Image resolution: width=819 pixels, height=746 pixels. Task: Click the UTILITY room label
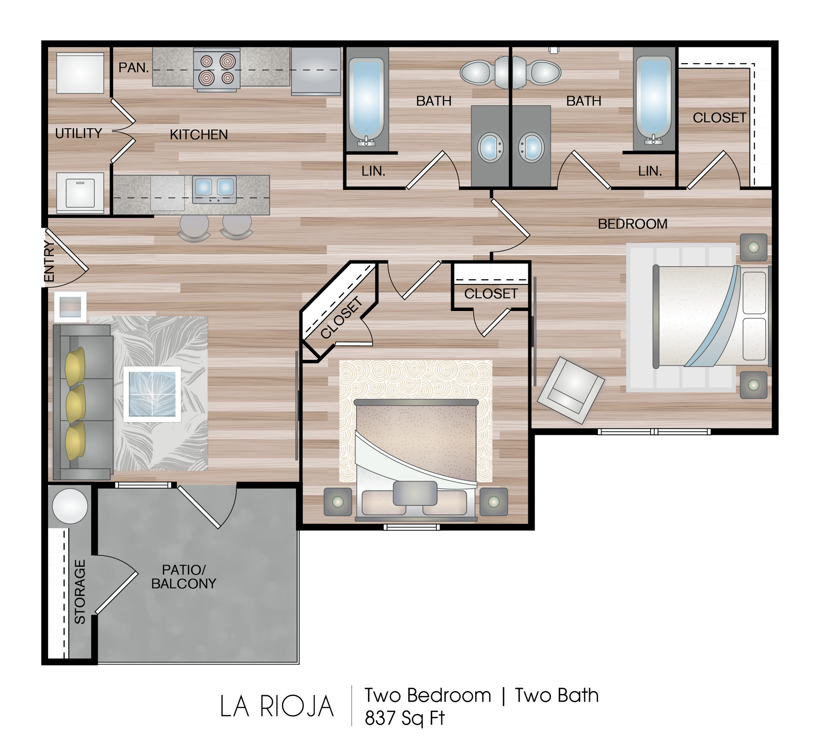(x=78, y=134)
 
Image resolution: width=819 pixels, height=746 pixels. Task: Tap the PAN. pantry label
(x=134, y=67)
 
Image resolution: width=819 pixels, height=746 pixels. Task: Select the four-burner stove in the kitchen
(x=217, y=70)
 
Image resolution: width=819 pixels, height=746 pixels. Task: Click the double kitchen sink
(x=214, y=189)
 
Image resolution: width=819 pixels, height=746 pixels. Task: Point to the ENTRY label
(x=49, y=261)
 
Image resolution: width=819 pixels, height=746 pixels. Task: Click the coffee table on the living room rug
(x=152, y=394)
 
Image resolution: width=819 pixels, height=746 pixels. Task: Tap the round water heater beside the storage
(x=70, y=506)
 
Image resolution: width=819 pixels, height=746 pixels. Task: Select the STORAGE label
(x=80, y=592)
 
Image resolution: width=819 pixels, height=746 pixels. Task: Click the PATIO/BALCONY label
(x=184, y=577)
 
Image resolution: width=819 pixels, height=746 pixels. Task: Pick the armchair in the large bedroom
(x=571, y=390)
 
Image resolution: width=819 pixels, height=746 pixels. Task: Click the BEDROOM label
(x=633, y=224)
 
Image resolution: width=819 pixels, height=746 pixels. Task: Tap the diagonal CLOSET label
(x=341, y=318)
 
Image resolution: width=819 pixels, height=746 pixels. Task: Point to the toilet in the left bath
(x=484, y=72)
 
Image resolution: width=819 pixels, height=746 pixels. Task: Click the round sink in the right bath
(x=531, y=148)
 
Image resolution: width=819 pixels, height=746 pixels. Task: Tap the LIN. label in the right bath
(x=650, y=171)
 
